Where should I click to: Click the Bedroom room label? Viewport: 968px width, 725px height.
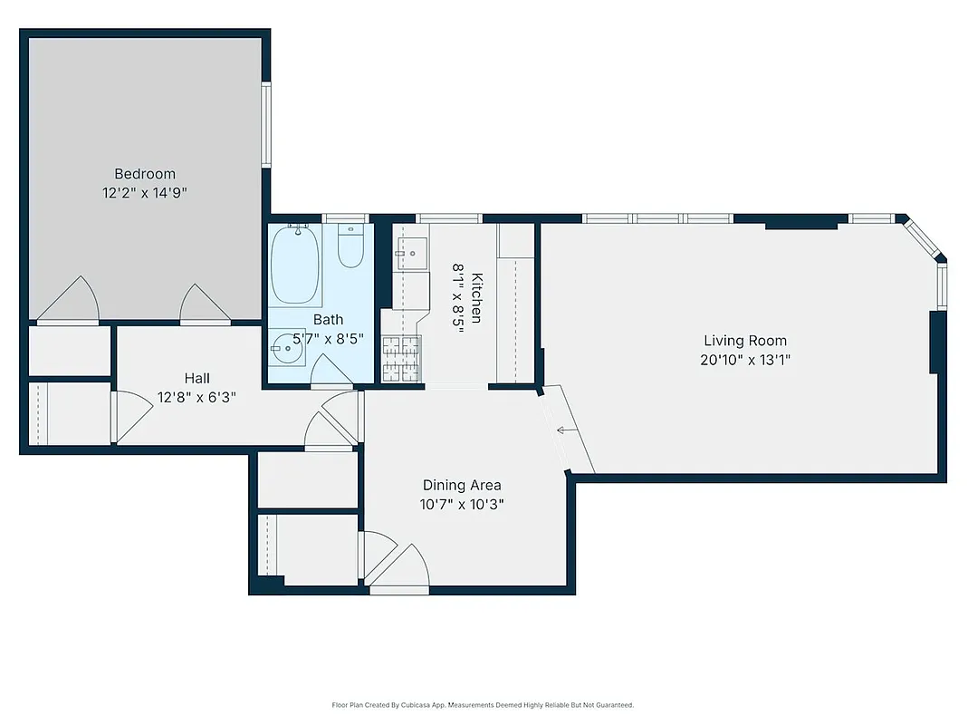click(145, 174)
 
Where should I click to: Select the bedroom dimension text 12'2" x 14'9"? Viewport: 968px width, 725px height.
click(145, 193)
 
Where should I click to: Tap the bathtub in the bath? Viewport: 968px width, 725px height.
click(295, 264)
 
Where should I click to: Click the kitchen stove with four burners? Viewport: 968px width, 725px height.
click(401, 355)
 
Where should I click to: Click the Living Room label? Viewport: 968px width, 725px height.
click(745, 341)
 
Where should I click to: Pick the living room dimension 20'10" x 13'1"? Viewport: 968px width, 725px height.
click(745, 359)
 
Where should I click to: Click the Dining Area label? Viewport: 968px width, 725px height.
click(462, 485)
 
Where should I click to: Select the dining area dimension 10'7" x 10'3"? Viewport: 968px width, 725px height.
click(462, 504)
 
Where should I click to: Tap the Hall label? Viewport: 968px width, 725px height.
click(196, 378)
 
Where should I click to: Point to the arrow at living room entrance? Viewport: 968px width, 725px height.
click(567, 430)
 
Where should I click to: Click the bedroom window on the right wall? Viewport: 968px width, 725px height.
click(266, 124)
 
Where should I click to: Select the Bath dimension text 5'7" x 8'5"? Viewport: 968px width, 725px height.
click(328, 339)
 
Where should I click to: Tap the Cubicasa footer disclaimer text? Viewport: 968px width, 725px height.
click(483, 704)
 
